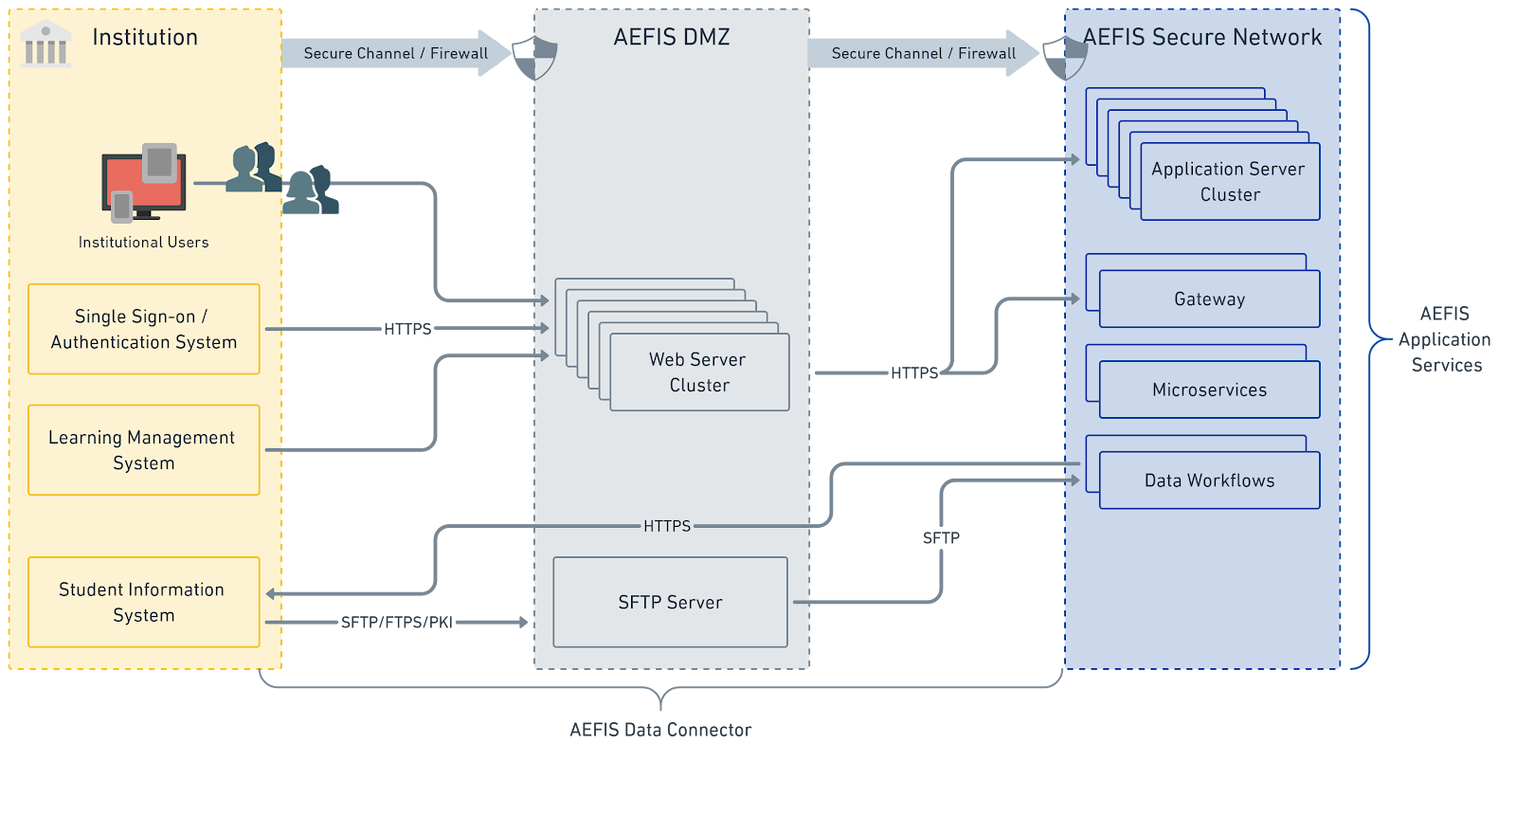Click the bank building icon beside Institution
point(45,44)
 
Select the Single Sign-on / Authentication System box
point(144,329)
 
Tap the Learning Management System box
point(144,450)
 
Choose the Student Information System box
point(144,602)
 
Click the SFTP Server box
point(670,602)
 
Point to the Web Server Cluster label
point(698,372)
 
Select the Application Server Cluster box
point(1229,181)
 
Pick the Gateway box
point(1209,299)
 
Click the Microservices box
point(1209,390)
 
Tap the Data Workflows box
point(1209,480)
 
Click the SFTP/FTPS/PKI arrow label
point(397,623)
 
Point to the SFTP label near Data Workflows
point(941,538)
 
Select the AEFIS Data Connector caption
point(660,730)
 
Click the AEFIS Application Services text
point(1445,339)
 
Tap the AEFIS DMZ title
point(672,37)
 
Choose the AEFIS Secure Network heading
point(1202,37)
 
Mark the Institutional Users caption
point(144,243)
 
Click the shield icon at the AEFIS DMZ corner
point(534,58)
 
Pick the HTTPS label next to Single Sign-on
point(407,329)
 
